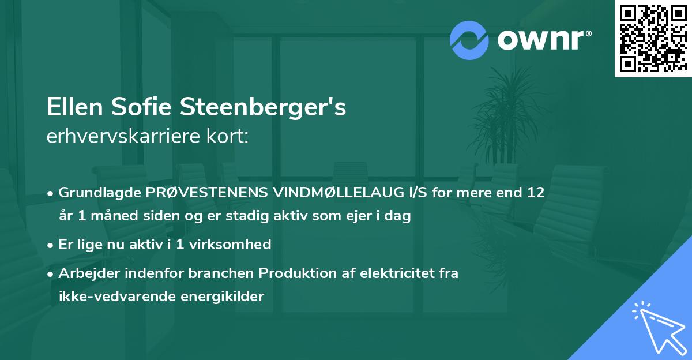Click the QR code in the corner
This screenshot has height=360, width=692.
653,38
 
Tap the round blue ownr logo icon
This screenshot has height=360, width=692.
469,40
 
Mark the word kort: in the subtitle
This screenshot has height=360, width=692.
229,137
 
